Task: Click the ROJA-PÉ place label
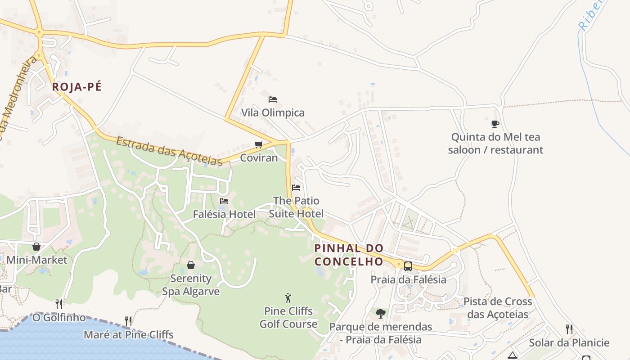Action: (76, 87)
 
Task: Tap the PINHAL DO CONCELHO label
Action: (349, 255)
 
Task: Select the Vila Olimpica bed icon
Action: (273, 99)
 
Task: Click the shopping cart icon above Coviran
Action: (258, 144)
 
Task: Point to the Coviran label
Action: (259, 158)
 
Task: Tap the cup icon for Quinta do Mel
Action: (495, 123)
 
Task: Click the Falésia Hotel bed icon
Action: (224, 201)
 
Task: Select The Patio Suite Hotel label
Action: (296, 207)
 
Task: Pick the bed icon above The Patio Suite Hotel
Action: (296, 187)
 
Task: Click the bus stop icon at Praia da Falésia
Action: (408, 266)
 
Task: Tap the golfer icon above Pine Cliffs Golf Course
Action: (288, 297)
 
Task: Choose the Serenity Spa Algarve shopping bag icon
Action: (191, 265)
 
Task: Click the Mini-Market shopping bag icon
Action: (36, 246)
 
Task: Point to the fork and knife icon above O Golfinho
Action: (59, 304)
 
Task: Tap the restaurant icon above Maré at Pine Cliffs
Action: (129, 321)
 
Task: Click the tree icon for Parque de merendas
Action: (381, 313)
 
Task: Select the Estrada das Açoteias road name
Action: (169, 151)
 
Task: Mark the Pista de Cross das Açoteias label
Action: (498, 308)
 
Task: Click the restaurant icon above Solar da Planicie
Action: (569, 329)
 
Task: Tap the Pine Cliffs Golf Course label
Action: (288, 317)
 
